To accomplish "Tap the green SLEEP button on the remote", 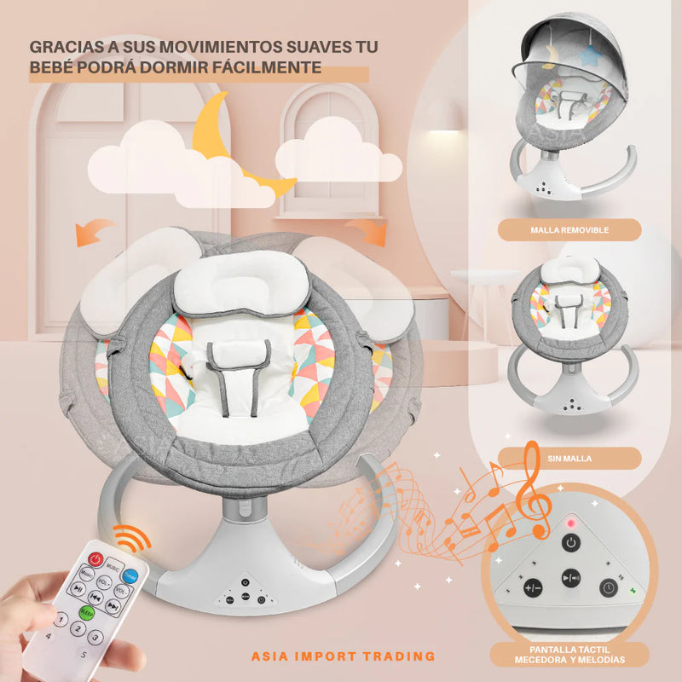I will coord(87,611).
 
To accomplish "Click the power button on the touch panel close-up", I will coord(569,543).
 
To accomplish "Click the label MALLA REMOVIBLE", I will coord(569,229).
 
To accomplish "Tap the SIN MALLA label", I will coord(569,459).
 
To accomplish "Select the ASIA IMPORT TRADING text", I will coord(344,656).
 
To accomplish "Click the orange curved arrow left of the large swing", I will coord(95,230).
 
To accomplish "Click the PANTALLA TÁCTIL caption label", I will coord(569,655).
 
